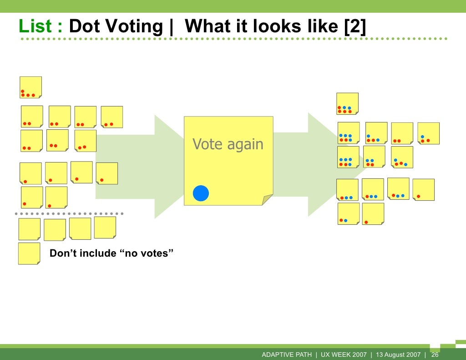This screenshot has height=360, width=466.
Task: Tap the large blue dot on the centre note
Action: pos(201,193)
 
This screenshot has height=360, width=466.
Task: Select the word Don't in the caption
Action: pos(63,254)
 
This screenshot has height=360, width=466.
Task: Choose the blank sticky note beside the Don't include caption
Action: pos(29,254)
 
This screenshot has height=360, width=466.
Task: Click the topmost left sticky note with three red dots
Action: pos(30,87)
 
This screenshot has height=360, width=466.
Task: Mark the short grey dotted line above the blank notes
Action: pos(69,213)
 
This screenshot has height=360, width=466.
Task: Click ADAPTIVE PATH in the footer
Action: pos(287,355)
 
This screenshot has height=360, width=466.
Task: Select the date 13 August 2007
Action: pos(398,355)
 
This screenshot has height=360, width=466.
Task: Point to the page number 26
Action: pos(435,355)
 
